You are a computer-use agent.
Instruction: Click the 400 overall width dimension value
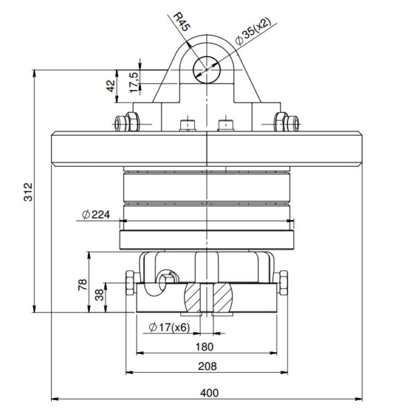[x=209, y=392]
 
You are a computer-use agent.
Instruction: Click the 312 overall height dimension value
[x=28, y=191]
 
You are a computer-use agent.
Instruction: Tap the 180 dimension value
[x=205, y=347]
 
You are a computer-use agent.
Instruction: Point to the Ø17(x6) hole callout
[x=169, y=327]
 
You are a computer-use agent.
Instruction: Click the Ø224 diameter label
[x=96, y=214]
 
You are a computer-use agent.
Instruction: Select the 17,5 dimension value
[x=134, y=80]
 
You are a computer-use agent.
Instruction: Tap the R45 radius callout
[x=182, y=23]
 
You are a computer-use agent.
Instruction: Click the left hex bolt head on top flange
[x=126, y=124]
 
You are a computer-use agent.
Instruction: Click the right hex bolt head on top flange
[x=287, y=123]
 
